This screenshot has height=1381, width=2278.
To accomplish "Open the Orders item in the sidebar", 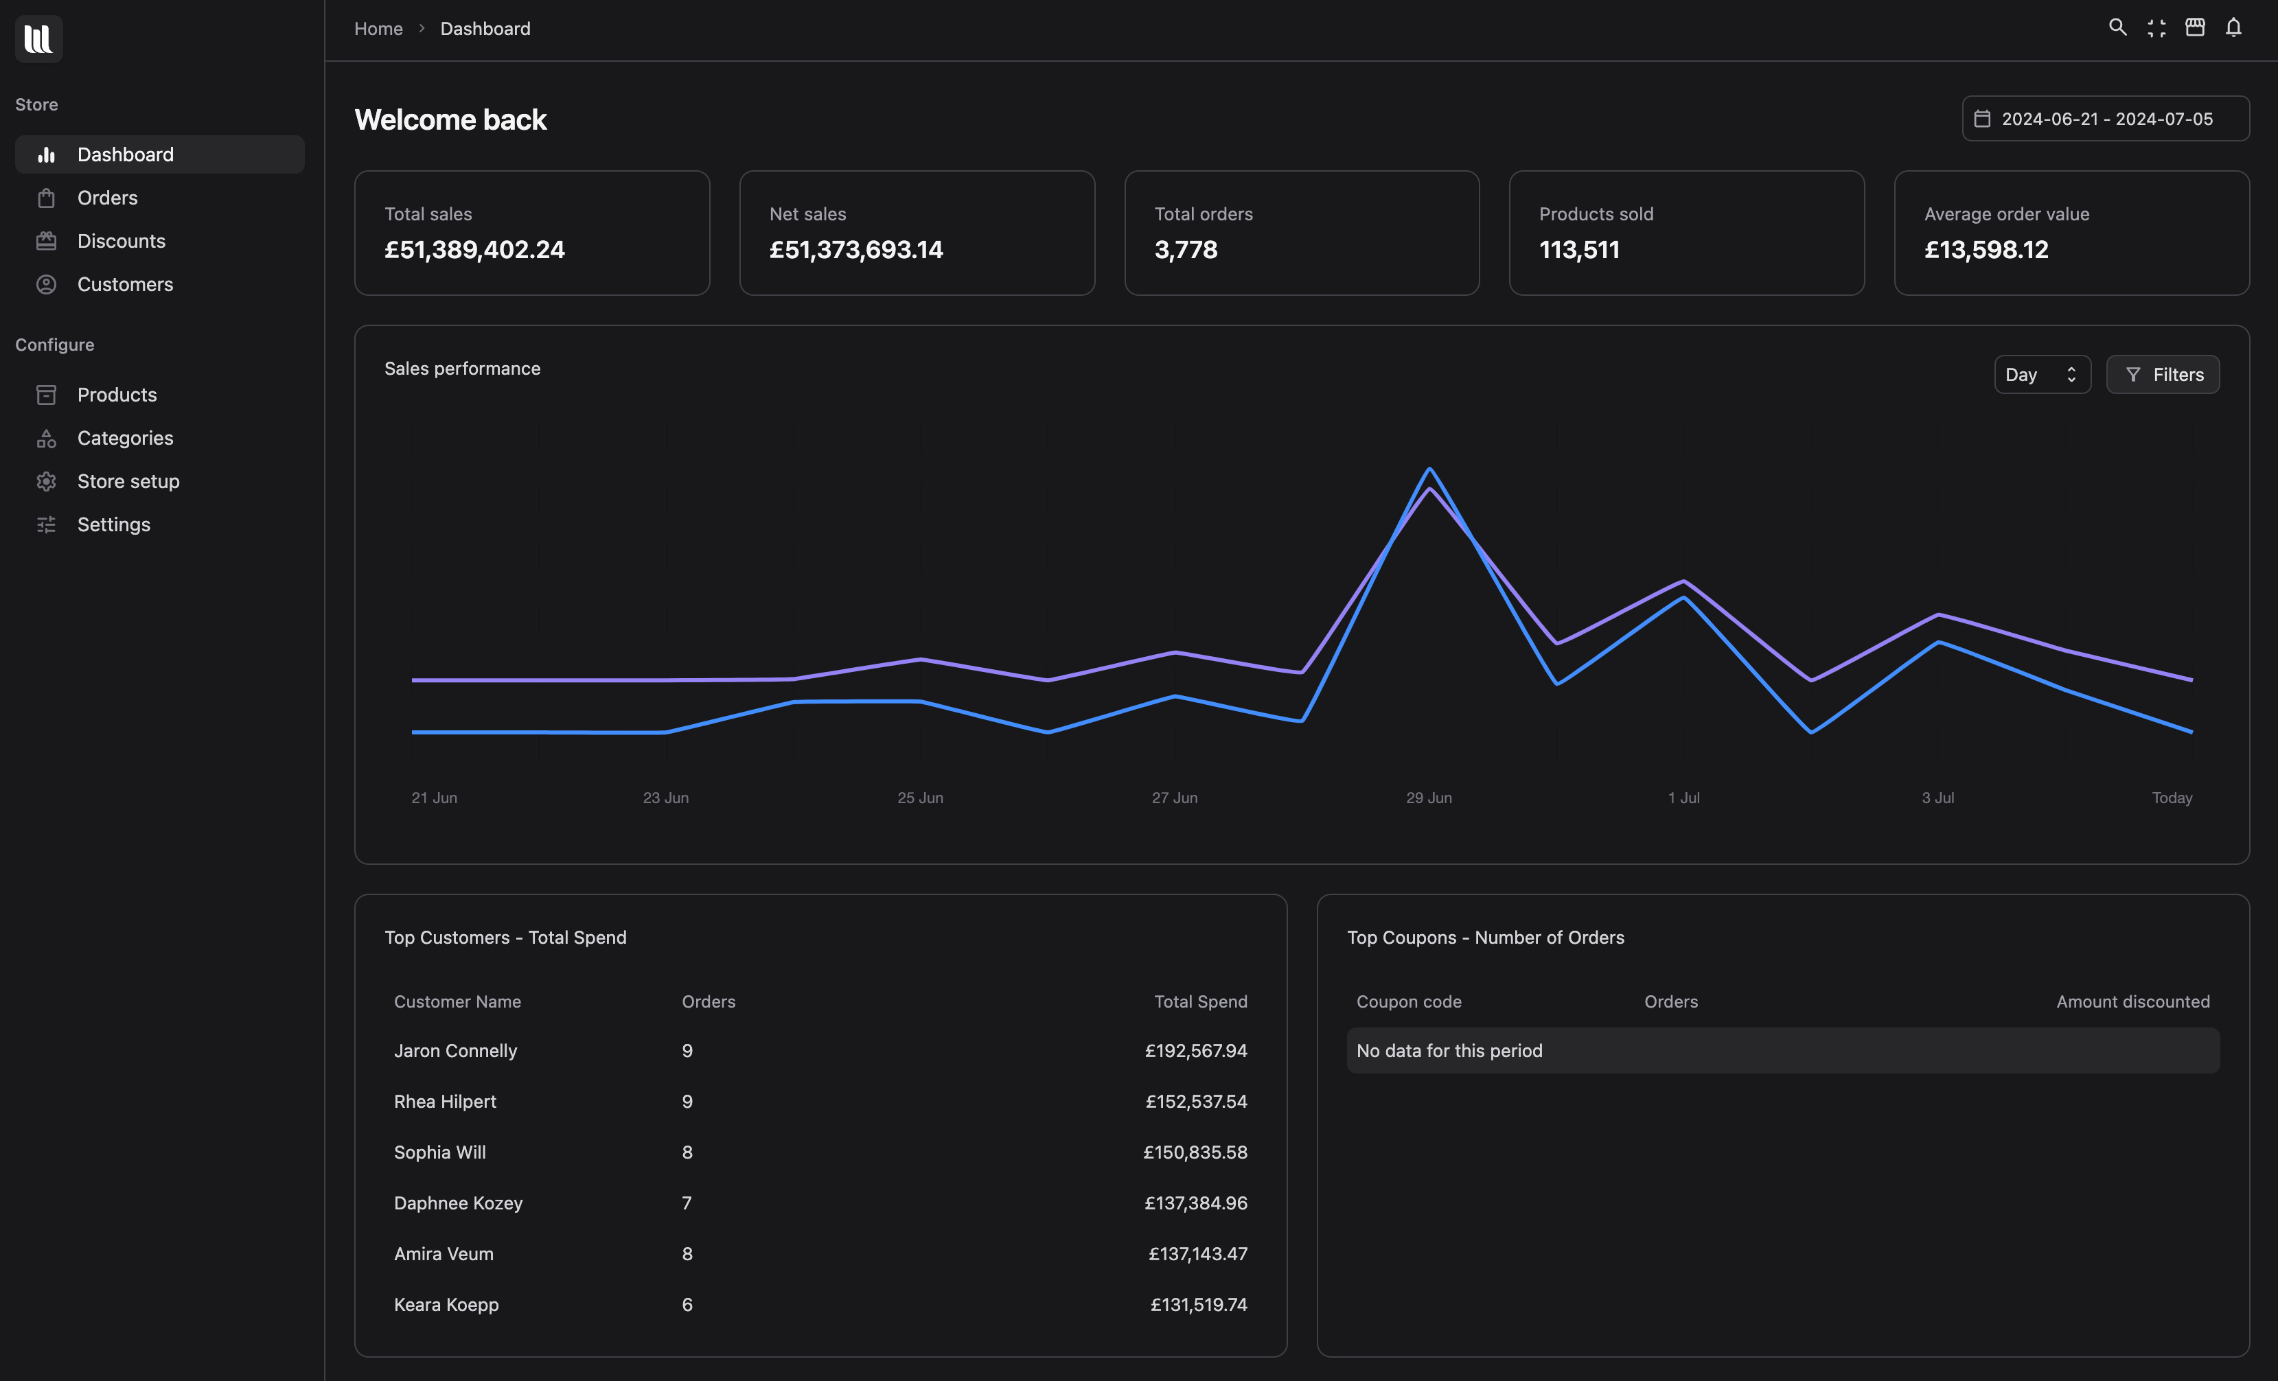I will [107, 198].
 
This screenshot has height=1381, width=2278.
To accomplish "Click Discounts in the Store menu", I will [121, 241].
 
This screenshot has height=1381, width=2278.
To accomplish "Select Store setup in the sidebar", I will [128, 482].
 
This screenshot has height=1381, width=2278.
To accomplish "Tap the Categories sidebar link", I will [125, 438].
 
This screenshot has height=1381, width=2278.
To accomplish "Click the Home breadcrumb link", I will [378, 29].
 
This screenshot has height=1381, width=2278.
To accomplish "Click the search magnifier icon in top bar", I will [2117, 27].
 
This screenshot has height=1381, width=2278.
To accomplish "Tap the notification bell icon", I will [2233, 27].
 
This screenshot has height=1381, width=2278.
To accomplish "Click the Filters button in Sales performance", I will [2163, 374].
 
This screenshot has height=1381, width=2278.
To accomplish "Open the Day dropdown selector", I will [2041, 374].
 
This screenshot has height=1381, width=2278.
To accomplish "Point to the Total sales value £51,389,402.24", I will [474, 250].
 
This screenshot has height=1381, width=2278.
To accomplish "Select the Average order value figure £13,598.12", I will [1986, 250].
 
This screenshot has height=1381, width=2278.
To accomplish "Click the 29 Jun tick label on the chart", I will [1428, 798].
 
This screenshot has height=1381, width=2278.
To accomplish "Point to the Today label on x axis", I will [2171, 798].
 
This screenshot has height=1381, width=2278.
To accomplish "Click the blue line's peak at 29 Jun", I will [1429, 469].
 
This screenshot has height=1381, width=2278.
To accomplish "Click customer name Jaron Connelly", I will [455, 1051].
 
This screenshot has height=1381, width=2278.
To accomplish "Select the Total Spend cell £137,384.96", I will [1195, 1203].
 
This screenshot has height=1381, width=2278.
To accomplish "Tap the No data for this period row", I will [1782, 1051].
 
